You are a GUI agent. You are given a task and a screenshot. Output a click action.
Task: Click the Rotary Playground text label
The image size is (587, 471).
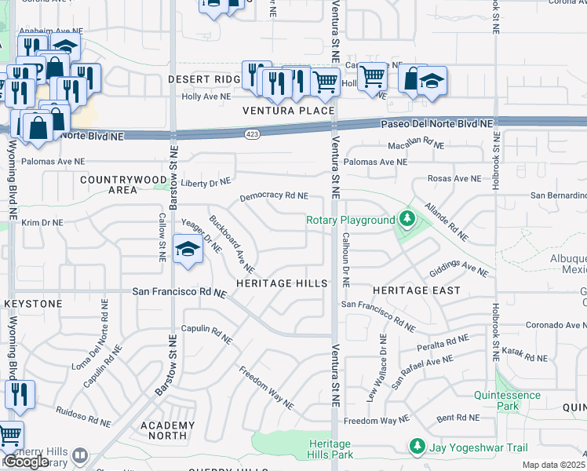[350, 220]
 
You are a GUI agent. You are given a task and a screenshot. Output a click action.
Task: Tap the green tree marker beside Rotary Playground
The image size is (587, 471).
[407, 218]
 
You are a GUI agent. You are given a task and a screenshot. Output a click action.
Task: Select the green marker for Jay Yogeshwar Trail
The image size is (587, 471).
[417, 447]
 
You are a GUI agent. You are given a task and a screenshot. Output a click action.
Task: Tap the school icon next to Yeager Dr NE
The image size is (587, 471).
[188, 250]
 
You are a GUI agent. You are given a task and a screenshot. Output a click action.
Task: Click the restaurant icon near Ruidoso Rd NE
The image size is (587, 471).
[19, 394]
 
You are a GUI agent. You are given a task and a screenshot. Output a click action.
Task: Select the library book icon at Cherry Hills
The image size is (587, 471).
[79, 455]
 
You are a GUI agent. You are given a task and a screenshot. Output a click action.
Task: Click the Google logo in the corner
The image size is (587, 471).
[26, 462]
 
